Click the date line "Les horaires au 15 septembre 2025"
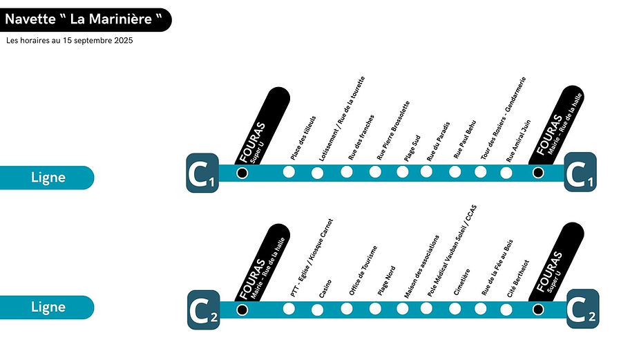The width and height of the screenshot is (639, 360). tap(69, 41)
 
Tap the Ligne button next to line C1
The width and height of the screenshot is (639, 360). tap(48, 177)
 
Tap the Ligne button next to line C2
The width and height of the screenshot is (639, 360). tap(48, 307)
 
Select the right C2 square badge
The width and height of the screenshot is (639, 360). tap(582, 309)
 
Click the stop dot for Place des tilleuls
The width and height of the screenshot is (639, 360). tap(289, 173)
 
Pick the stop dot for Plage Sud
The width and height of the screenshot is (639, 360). tap(402, 173)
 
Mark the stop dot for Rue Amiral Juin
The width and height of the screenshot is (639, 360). tap(506, 173)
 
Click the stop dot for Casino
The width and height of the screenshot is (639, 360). tap(317, 310)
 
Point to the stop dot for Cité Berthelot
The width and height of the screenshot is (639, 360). tap(506, 310)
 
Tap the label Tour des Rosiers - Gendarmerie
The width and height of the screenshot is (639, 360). tap(504, 118)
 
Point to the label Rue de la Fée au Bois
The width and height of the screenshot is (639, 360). tap(497, 268)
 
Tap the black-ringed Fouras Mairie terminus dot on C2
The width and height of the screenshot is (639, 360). tap(242, 310)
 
